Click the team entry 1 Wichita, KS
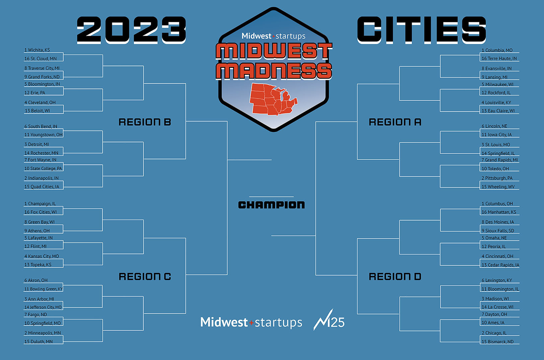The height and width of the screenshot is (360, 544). [37, 50]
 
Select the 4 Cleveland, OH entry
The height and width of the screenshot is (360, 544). [40, 102]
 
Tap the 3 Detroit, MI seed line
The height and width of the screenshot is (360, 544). [37, 144]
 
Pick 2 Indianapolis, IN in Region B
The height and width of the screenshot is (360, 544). [41, 178]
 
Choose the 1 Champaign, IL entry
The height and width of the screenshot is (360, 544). [40, 204]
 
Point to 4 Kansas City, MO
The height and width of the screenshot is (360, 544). [42, 256]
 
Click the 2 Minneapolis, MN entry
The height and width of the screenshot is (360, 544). [43, 333]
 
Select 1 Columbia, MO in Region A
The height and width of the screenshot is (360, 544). [497, 50]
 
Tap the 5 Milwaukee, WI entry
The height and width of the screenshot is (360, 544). [497, 84]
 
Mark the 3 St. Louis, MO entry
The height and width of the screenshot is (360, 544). [496, 145]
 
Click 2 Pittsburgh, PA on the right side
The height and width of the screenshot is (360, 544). [497, 178]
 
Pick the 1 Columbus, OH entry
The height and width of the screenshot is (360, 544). [497, 204]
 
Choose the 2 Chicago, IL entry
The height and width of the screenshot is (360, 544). [494, 333]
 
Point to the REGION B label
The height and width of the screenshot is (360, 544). [145, 122]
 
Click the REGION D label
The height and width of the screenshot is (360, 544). [395, 277]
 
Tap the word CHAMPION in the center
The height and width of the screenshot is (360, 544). [271, 205]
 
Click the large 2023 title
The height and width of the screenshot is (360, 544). [131, 30]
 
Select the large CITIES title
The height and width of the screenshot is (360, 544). [421, 30]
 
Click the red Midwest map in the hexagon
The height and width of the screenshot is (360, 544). [273, 99]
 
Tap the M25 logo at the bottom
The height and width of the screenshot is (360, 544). [329, 321]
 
